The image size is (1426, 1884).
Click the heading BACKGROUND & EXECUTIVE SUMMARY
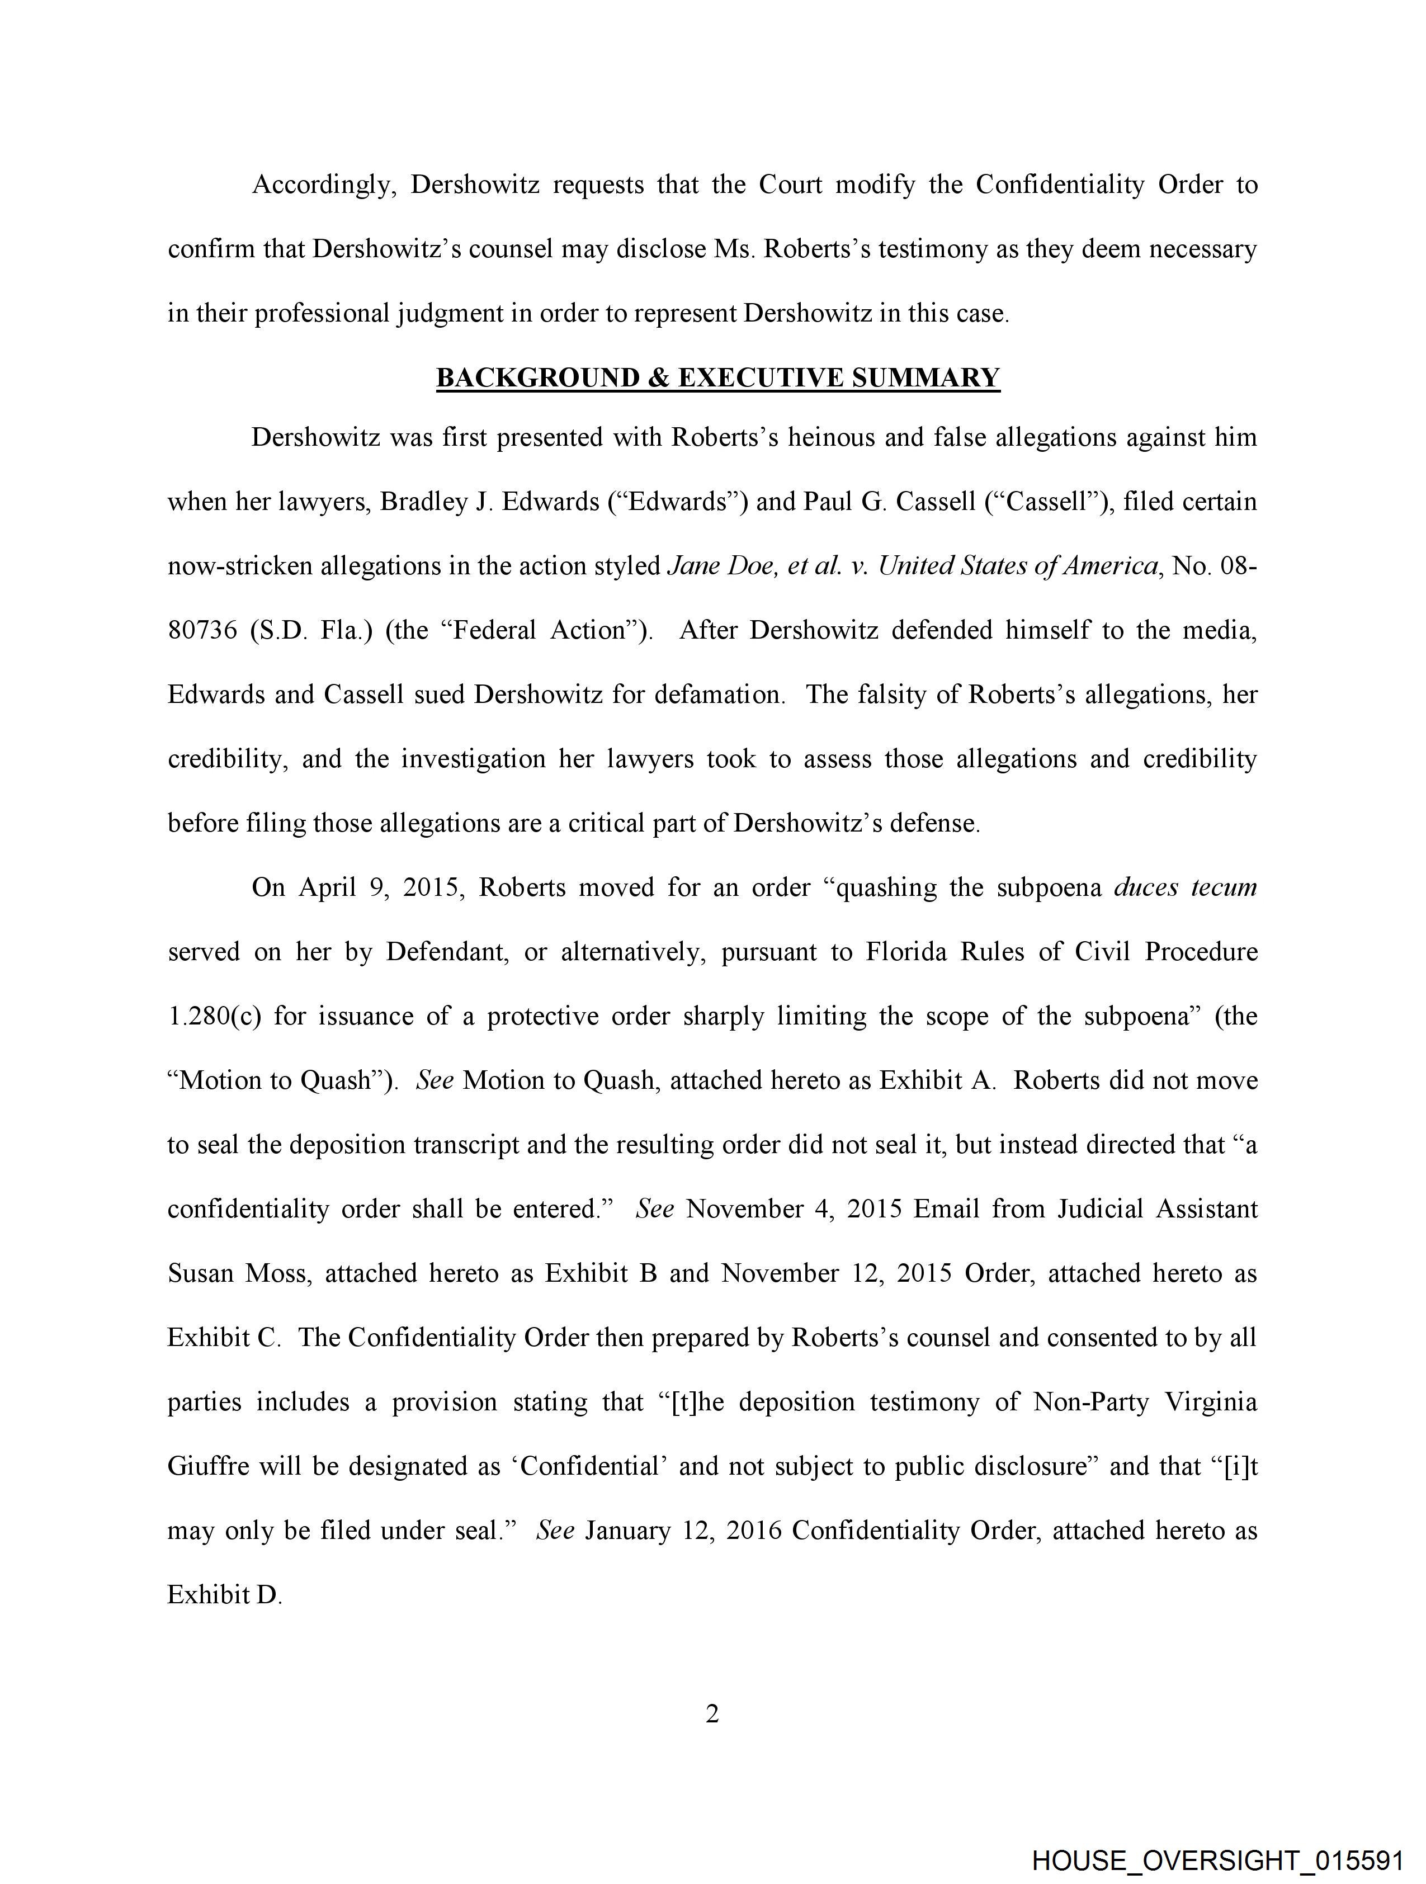tap(717, 377)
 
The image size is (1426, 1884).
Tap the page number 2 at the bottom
tap(712, 1713)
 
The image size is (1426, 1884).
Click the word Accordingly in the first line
tap(324, 185)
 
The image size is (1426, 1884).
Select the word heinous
tap(825, 438)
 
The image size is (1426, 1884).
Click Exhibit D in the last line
tap(223, 1594)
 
